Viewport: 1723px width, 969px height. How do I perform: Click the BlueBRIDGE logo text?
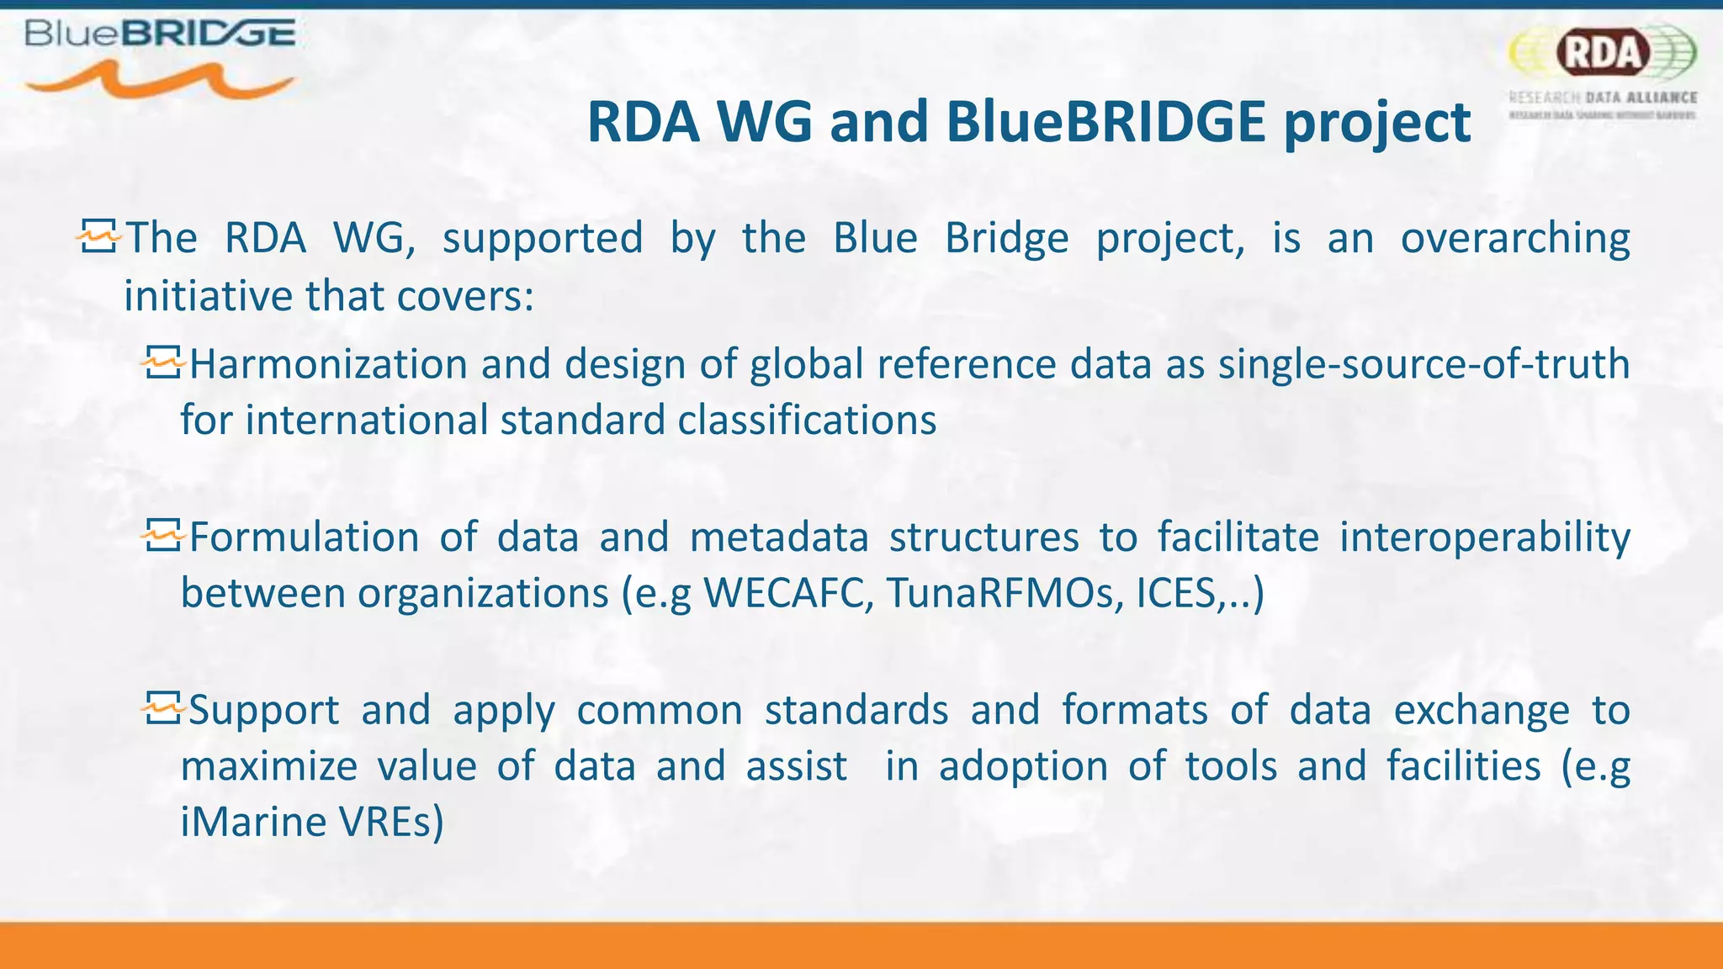(x=160, y=34)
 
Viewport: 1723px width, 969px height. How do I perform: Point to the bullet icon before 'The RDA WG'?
(x=99, y=238)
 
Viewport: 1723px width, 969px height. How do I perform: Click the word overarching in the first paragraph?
(x=1514, y=239)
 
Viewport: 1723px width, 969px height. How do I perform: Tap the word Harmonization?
(x=328, y=365)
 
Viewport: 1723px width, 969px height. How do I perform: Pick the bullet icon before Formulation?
(x=162, y=536)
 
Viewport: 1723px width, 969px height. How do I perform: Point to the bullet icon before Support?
(x=162, y=708)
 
